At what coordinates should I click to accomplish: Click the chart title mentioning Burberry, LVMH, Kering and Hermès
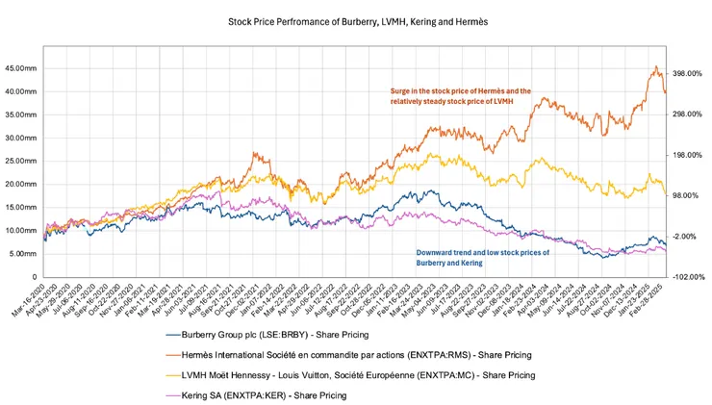[x=355, y=19]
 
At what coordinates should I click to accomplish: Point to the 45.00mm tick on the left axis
[x=21, y=68]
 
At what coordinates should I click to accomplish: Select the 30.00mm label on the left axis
[x=21, y=138]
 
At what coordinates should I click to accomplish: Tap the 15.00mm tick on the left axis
[x=21, y=207]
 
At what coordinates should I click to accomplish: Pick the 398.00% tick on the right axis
[x=687, y=73]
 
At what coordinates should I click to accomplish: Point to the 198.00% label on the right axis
[x=687, y=155]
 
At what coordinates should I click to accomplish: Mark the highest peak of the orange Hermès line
[x=655, y=66]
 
